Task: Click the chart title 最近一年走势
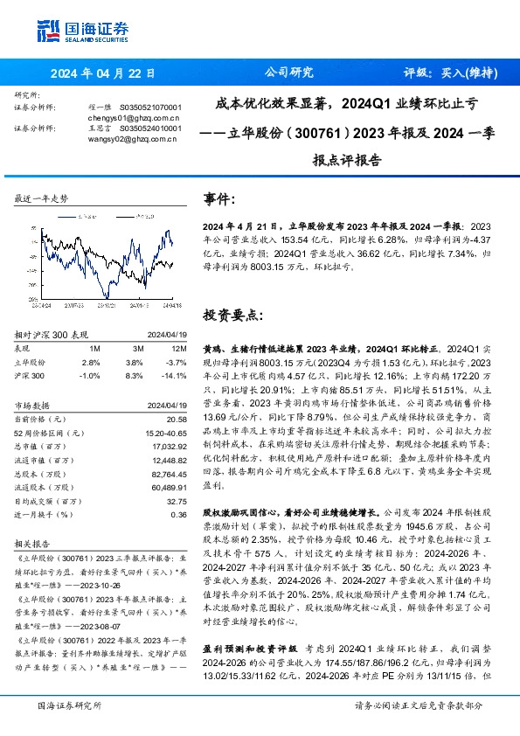pos(41,199)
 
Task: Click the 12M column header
pos(176,347)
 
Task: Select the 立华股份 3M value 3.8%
pos(133,360)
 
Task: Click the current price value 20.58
pos(176,420)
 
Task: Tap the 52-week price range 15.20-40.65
pos(163,433)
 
